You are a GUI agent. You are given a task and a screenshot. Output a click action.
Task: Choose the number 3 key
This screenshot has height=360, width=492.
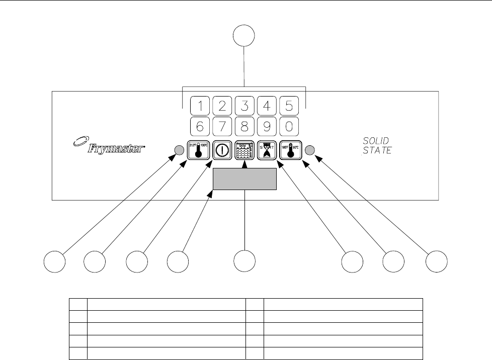244,106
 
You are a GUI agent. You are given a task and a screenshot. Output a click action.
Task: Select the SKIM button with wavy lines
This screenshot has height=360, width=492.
244,149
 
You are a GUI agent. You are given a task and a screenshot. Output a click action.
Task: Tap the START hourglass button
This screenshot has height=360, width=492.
267,149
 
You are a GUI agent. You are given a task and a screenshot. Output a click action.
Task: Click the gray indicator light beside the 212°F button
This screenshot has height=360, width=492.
178,149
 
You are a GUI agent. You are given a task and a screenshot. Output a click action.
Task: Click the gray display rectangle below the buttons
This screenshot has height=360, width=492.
244,179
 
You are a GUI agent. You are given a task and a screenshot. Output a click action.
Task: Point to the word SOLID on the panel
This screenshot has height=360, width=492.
376,140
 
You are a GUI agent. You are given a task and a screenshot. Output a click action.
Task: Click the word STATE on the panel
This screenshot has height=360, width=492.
377,150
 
